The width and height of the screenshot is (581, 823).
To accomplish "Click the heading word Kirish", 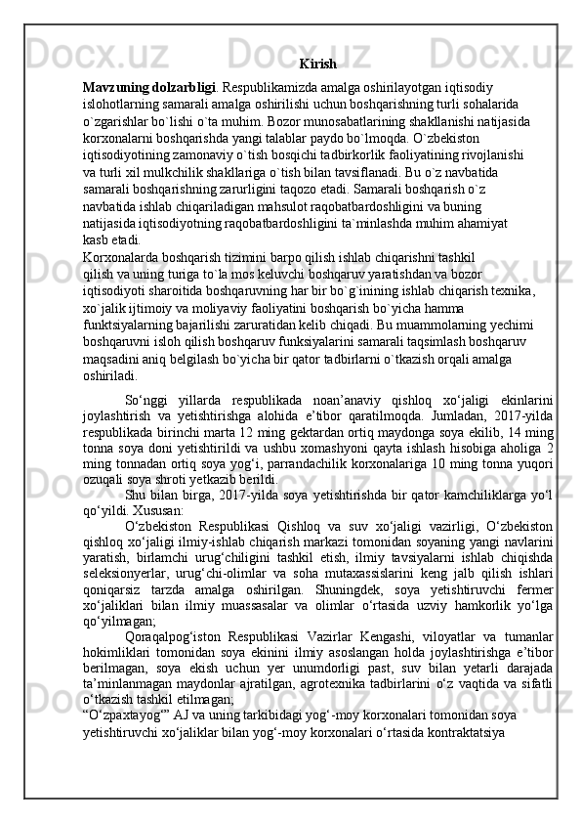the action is [x=318, y=65].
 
